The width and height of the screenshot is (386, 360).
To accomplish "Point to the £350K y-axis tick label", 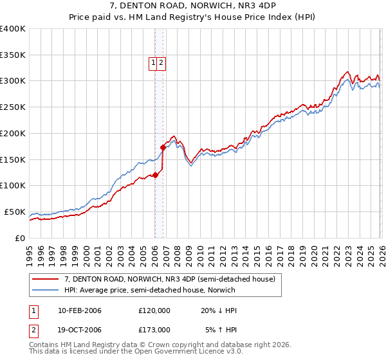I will pos(13,55).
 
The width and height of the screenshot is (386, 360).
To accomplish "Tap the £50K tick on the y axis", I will pos(15,212).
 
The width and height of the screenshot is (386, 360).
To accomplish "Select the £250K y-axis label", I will pos(13,107).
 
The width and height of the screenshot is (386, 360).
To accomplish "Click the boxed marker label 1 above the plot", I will pos(154,63).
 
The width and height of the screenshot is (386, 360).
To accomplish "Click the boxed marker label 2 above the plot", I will pos(162,63).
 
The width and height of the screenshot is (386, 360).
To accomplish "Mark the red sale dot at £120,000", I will pos(155,175).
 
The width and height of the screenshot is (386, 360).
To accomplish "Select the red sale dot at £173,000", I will pos(163,147).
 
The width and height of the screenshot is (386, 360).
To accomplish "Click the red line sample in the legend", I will pos(46,279).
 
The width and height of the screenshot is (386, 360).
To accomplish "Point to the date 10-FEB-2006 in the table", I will pos(79,310).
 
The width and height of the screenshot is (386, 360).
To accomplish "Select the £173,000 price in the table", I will pos(154,329).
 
